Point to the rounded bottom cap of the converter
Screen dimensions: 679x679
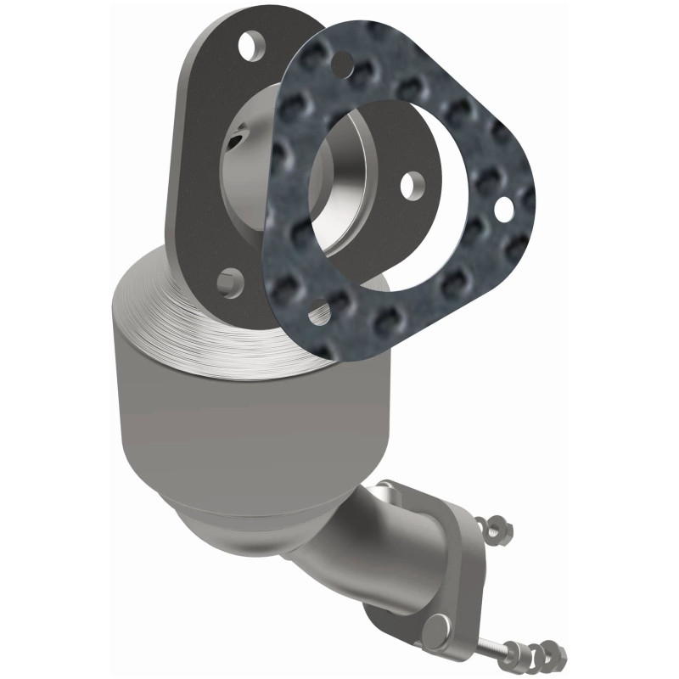click(x=238, y=526)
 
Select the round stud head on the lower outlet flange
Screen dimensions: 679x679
click(x=435, y=630)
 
